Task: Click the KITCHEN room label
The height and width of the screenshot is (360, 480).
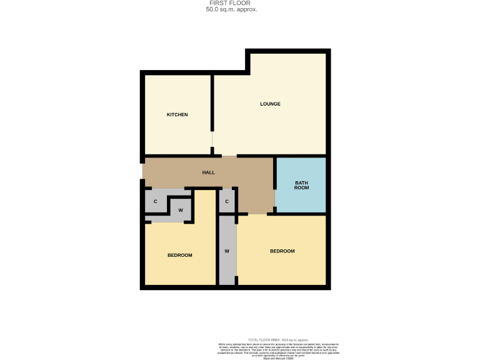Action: tap(177, 115)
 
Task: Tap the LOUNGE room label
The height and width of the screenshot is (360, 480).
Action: tap(270, 104)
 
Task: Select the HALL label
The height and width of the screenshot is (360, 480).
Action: tap(208, 172)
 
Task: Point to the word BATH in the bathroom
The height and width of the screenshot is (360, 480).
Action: tap(302, 182)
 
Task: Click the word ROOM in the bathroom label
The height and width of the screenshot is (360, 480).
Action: tap(302, 188)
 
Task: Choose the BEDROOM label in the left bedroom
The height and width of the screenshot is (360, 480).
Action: tap(179, 255)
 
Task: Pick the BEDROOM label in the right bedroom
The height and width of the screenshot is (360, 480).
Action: tap(282, 251)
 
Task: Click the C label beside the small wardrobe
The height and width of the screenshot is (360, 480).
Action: tap(155, 201)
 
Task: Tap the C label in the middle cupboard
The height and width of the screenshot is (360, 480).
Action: tap(227, 201)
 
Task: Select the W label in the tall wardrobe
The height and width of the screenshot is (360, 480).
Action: tap(227, 251)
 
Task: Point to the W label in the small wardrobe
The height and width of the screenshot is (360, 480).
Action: tap(181, 210)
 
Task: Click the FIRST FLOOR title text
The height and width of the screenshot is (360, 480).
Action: tap(231, 3)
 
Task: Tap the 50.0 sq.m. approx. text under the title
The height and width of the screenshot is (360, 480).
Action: tap(231, 9)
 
